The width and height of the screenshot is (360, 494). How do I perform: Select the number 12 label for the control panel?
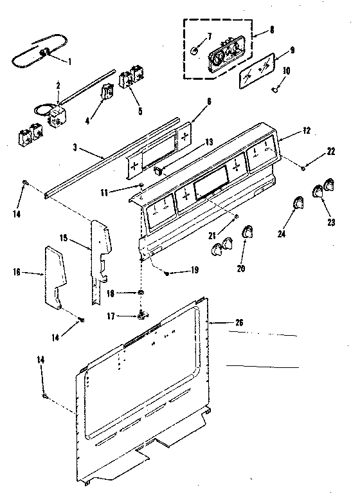306,131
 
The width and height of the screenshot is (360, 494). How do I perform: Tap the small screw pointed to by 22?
302,168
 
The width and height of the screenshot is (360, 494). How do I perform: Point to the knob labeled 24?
298,203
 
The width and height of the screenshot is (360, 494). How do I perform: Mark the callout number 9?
292,50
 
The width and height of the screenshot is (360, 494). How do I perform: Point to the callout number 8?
274,29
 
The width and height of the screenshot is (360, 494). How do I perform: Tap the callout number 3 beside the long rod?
75,147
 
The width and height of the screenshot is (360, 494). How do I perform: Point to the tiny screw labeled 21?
237,217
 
